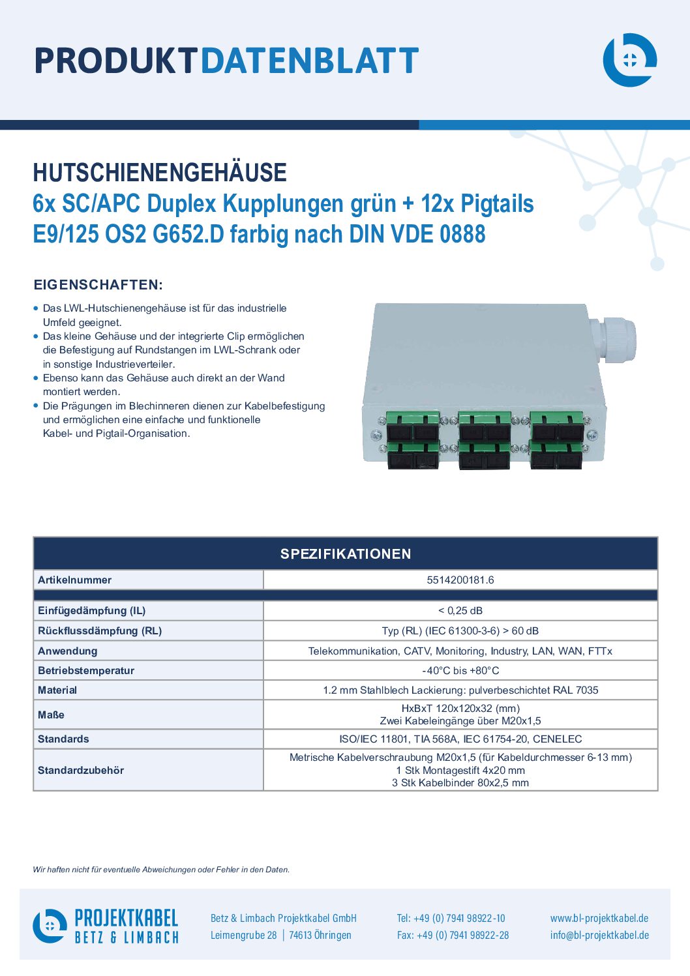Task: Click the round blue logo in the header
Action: click(629, 60)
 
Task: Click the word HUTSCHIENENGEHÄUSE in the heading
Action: click(160, 172)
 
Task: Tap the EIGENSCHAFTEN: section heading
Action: click(98, 285)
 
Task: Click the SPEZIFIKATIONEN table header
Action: click(346, 554)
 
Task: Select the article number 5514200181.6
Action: click(460, 580)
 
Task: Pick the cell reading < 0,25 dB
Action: click(460, 610)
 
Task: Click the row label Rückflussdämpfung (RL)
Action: click(100, 630)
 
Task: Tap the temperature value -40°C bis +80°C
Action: click(460, 671)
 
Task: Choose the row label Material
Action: click(57, 690)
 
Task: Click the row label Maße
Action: click(51, 715)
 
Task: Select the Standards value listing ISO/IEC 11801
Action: click(460, 739)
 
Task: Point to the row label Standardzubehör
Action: click(81, 771)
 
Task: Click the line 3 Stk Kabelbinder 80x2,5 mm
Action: click(460, 783)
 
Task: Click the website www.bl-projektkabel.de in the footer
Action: click(599, 918)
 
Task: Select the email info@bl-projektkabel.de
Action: click(599, 935)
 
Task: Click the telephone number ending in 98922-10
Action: click(451, 918)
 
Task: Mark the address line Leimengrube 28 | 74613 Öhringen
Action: click(280, 935)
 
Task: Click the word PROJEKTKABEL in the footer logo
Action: click(127, 918)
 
